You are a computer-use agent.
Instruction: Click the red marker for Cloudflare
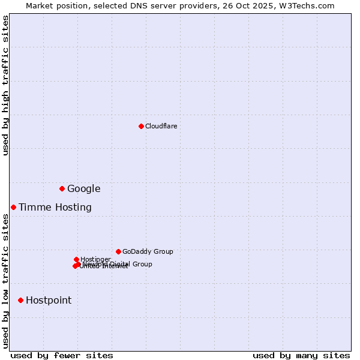(x=141, y=126)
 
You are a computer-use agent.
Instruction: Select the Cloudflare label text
(x=161, y=127)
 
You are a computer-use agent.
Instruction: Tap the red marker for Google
(x=62, y=188)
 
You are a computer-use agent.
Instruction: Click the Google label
(x=83, y=189)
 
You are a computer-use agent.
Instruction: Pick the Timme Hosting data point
(x=13, y=207)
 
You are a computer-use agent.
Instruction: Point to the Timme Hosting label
(x=55, y=208)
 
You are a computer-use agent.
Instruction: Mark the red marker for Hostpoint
(x=20, y=300)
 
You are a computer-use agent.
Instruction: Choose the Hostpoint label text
(x=48, y=301)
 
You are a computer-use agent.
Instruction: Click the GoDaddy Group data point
(x=118, y=251)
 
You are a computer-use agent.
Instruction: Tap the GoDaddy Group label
(x=147, y=252)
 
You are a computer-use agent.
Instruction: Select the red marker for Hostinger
(x=76, y=259)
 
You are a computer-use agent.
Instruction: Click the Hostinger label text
(x=95, y=259)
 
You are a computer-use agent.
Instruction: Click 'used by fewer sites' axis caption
(x=62, y=355)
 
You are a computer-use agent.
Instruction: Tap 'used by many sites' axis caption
(x=301, y=355)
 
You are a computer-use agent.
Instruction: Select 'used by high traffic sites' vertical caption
(x=6, y=85)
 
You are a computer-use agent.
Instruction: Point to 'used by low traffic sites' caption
(x=6, y=281)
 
